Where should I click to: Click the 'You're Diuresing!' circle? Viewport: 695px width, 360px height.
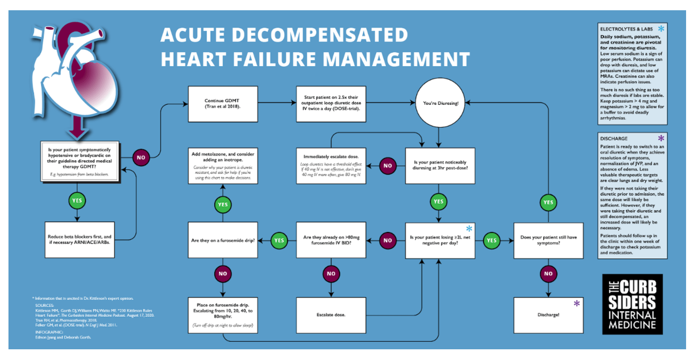(x=440, y=103)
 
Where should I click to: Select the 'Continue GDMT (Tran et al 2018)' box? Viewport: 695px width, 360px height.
(x=223, y=104)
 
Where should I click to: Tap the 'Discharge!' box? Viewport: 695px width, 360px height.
(x=548, y=315)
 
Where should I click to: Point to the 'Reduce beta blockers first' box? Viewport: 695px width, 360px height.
(x=79, y=240)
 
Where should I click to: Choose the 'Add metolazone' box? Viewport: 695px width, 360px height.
(x=223, y=166)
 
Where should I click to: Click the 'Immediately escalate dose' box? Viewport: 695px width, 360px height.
(x=331, y=166)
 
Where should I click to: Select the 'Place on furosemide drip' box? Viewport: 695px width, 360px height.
(x=223, y=315)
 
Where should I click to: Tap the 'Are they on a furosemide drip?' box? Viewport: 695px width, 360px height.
(x=223, y=240)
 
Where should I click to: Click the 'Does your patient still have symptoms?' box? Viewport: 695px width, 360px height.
(x=548, y=240)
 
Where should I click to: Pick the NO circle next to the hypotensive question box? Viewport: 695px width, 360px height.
(x=141, y=157)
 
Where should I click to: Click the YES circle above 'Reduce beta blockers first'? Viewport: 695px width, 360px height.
(x=77, y=201)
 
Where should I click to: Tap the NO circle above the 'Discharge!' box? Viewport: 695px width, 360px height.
(x=548, y=274)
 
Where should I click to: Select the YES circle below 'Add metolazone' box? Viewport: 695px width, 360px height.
(x=223, y=205)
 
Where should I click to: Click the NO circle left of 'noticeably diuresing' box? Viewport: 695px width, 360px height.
(x=388, y=166)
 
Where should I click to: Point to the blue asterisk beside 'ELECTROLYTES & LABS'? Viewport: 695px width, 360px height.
(x=661, y=29)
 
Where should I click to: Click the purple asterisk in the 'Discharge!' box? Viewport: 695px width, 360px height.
(x=577, y=304)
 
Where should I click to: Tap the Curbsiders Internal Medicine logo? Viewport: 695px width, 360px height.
(x=632, y=304)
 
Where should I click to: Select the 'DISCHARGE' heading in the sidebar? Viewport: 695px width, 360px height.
(x=613, y=139)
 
